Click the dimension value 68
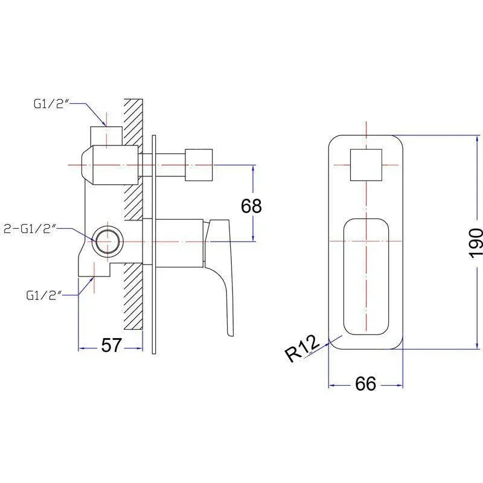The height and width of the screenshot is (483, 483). coord(251,206)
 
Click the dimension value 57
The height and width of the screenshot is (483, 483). coord(112,345)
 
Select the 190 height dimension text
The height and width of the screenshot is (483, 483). coord(476,243)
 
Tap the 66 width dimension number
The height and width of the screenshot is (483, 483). coord(366,383)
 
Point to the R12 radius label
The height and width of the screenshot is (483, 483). coord(302,350)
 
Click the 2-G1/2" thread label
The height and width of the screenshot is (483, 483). coord(30,229)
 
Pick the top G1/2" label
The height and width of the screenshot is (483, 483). coord(51,104)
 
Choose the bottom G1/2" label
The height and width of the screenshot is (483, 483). coord(43,295)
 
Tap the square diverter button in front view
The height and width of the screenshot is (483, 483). coord(366,165)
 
